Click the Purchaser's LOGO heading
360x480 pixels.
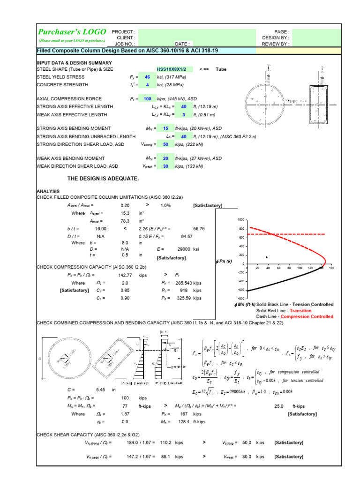click(x=72, y=31)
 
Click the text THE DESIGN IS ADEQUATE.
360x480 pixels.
click(x=103, y=179)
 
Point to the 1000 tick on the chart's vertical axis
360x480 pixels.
click(x=241, y=220)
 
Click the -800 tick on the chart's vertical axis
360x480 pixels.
click(x=241, y=298)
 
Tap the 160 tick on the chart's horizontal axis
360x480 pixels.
click(x=331, y=268)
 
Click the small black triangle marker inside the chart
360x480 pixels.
click(x=267, y=257)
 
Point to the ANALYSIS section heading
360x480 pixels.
click(x=49, y=191)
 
